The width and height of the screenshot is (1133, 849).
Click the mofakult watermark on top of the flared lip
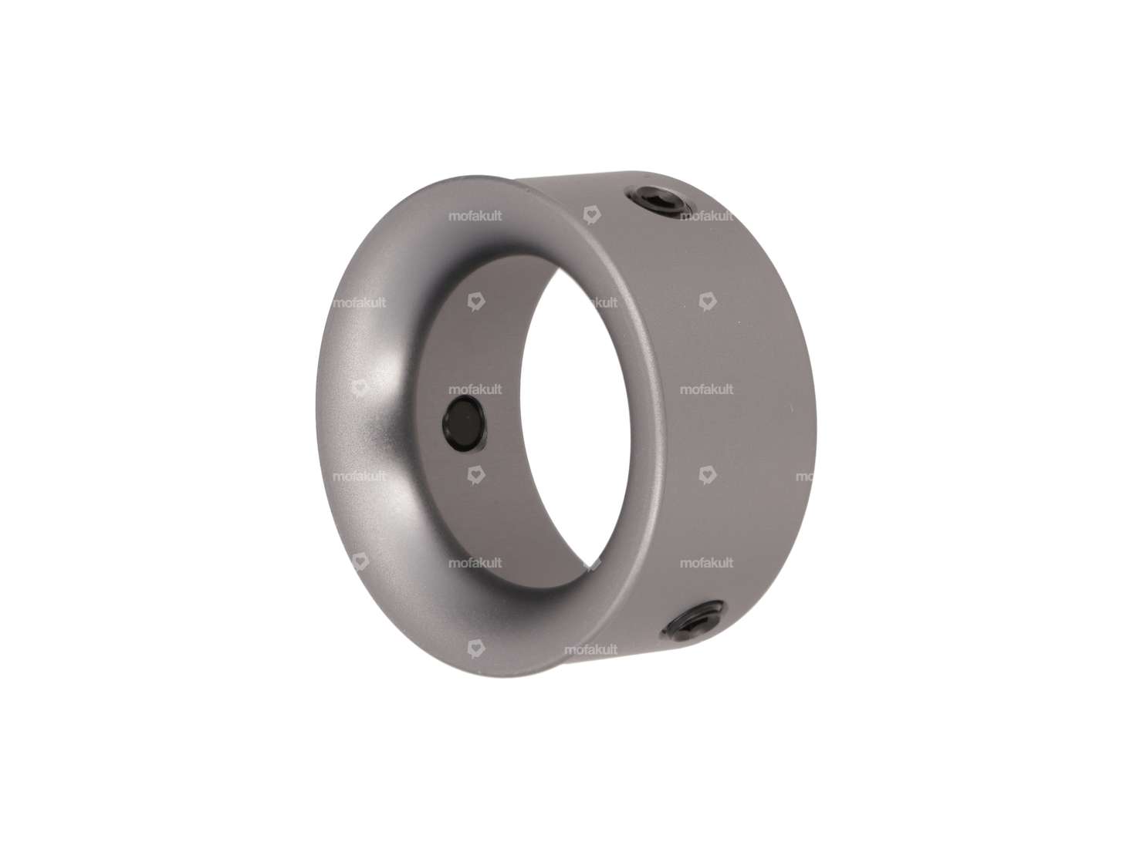tap(475, 217)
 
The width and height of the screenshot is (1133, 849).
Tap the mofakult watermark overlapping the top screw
tap(706, 217)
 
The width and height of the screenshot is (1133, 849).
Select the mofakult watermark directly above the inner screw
tap(475, 389)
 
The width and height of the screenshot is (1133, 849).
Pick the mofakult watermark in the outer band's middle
tap(706, 389)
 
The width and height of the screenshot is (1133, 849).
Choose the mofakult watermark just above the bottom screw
tap(706, 563)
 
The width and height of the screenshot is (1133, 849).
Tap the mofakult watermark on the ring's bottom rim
tap(590, 650)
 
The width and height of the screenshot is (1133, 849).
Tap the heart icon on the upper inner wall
tap(476, 302)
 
